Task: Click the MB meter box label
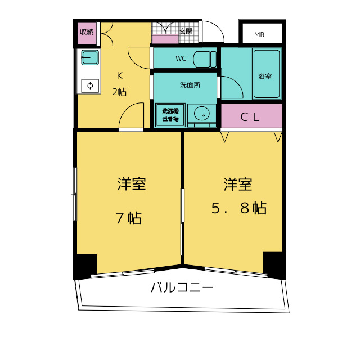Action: [x=259, y=35]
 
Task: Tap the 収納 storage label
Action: [x=87, y=32]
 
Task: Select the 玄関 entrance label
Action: [x=186, y=31]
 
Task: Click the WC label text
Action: [x=181, y=58]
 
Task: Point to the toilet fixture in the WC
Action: [x=205, y=59]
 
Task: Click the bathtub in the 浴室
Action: [x=267, y=74]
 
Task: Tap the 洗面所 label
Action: [x=190, y=85]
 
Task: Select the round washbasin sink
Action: [x=202, y=114]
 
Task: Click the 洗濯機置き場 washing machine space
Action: [x=170, y=115]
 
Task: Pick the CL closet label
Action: [x=250, y=118]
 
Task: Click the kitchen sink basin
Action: [x=90, y=57]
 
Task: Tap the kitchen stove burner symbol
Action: [x=90, y=86]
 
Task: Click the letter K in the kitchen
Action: [x=120, y=75]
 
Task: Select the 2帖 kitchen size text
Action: [x=119, y=92]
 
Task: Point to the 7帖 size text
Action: [x=129, y=218]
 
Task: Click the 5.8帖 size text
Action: [x=239, y=208]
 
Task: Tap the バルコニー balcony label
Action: [x=182, y=287]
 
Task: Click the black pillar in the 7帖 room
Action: [x=85, y=266]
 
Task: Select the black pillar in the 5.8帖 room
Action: [x=274, y=265]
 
